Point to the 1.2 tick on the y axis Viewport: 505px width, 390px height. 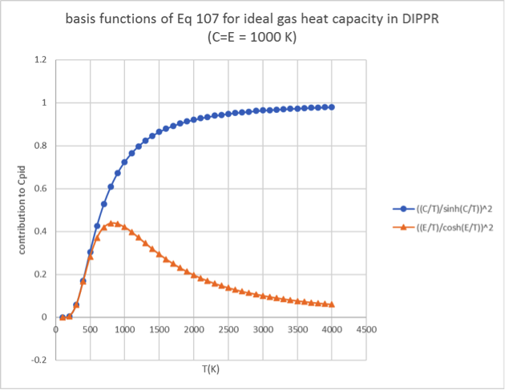[x=40, y=60]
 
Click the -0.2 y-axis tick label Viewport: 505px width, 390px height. [x=38, y=360]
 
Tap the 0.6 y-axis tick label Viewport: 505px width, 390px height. [x=40, y=189]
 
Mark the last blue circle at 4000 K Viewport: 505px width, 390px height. [x=331, y=107]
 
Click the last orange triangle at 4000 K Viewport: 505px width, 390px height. [x=331, y=304]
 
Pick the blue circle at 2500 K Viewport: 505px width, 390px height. [x=228, y=114]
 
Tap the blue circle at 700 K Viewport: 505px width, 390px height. [x=104, y=203]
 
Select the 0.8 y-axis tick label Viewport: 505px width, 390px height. [x=40, y=146]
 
